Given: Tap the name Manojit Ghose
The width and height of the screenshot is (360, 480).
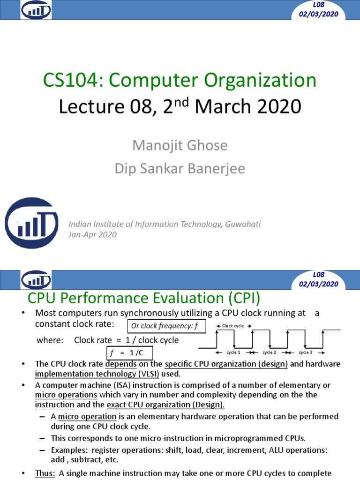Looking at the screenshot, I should point(180,145).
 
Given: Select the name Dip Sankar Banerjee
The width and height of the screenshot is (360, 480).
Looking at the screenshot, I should point(180,169).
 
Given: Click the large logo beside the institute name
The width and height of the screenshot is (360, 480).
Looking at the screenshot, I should point(31,223).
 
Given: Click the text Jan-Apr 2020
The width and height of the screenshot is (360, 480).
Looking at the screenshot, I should point(92,234).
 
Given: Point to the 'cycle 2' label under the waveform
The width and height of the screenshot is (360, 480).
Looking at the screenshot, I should point(269,352).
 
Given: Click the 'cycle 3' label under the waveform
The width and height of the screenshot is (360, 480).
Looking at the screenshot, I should point(305,352).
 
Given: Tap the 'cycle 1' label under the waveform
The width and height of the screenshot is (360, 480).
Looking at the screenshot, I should point(233,352).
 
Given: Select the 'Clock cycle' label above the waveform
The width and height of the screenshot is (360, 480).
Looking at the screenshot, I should point(233,326).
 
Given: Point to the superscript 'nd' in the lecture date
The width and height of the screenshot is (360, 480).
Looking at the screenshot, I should point(183,100).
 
